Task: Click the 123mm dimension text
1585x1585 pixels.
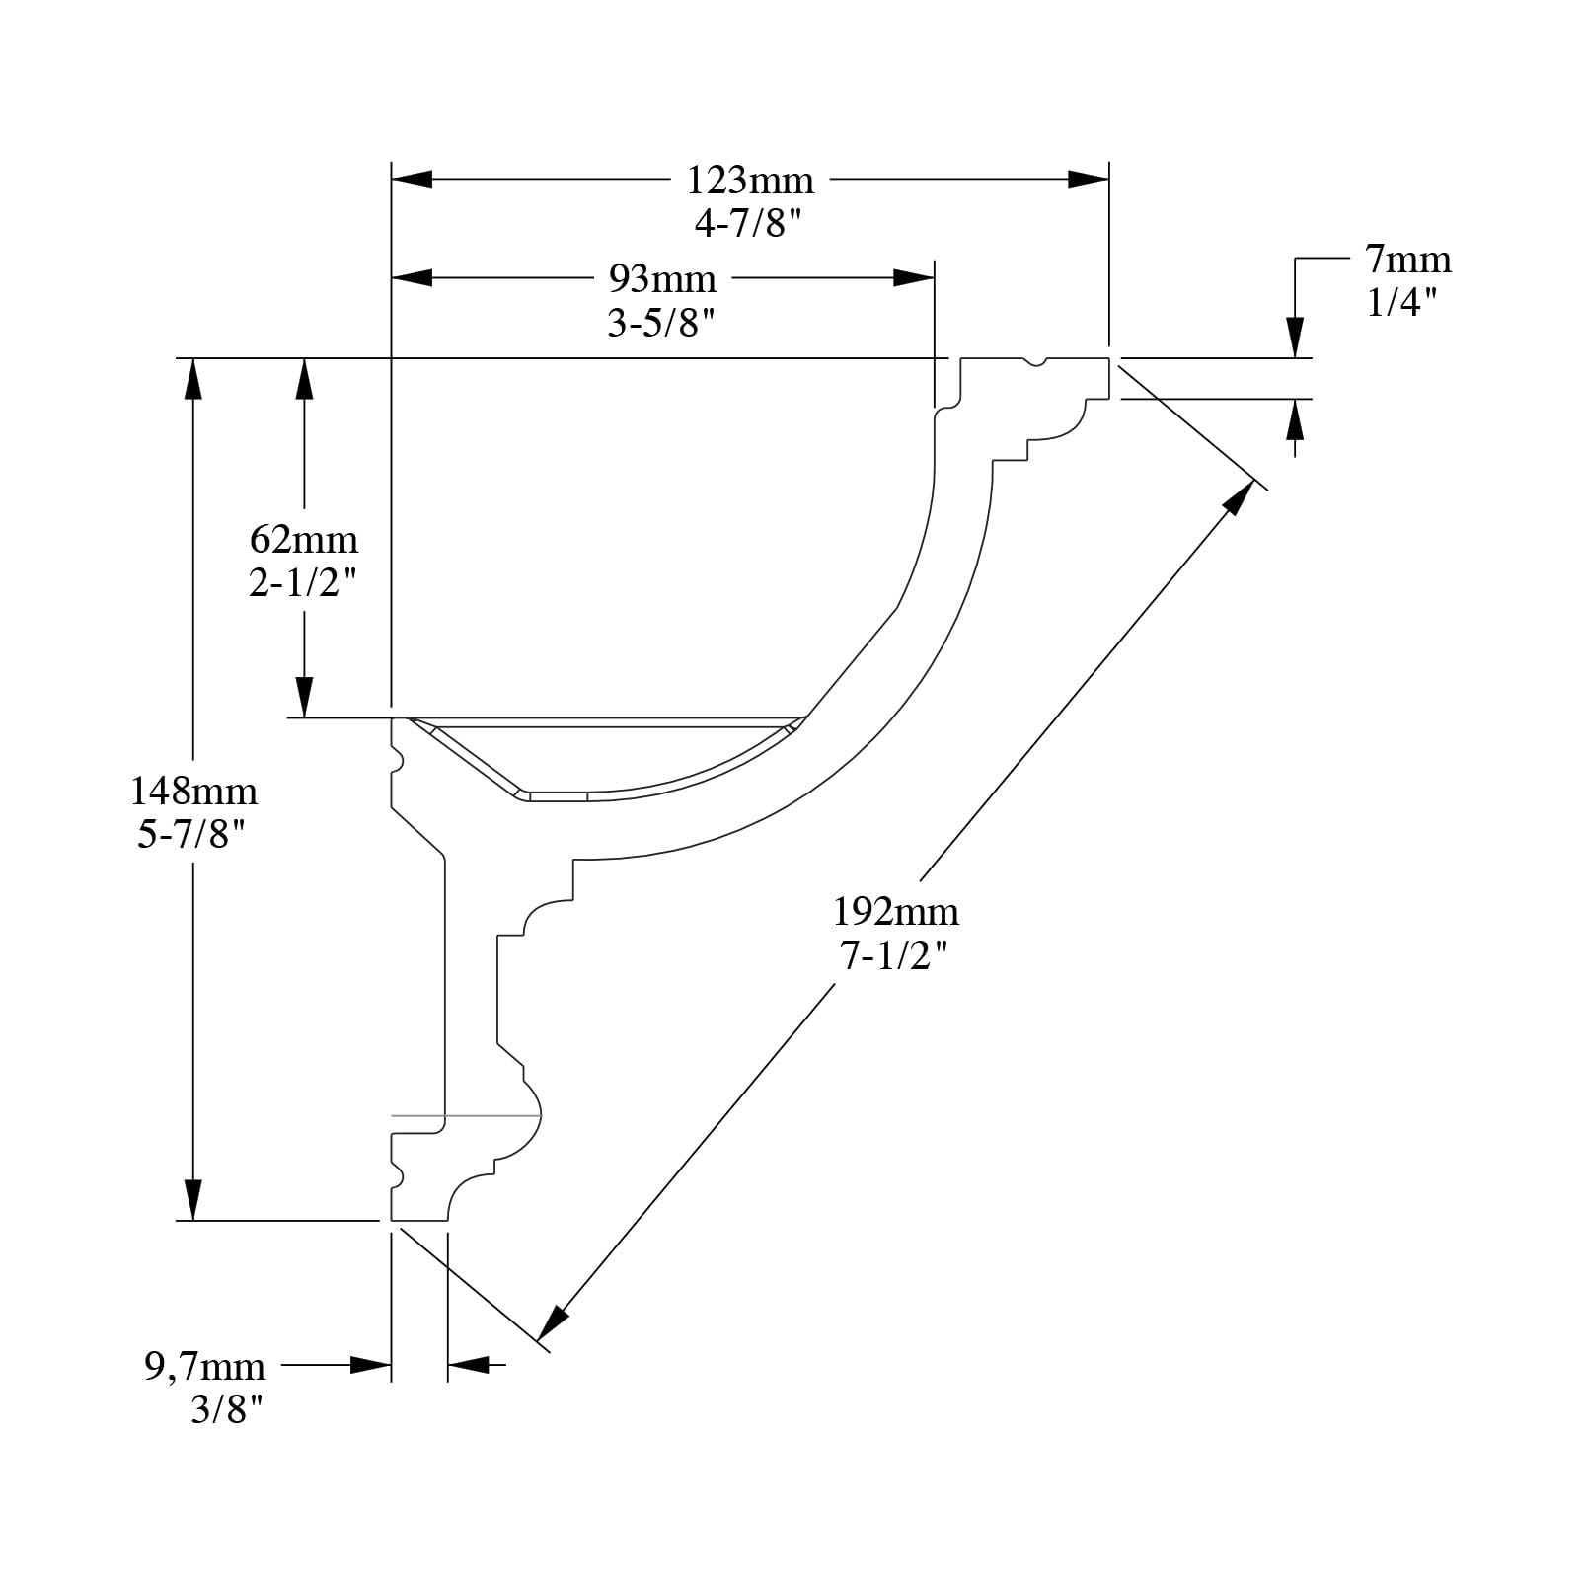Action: (x=750, y=181)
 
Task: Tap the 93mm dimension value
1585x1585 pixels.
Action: (x=661, y=279)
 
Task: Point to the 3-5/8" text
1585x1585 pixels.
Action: (x=660, y=323)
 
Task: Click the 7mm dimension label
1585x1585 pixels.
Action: (x=1408, y=260)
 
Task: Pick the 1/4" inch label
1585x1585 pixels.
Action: (x=1400, y=302)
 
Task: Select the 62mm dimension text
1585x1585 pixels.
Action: (x=303, y=540)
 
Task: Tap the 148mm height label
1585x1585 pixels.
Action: (x=193, y=791)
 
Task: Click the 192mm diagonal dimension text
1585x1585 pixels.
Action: (x=895, y=911)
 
